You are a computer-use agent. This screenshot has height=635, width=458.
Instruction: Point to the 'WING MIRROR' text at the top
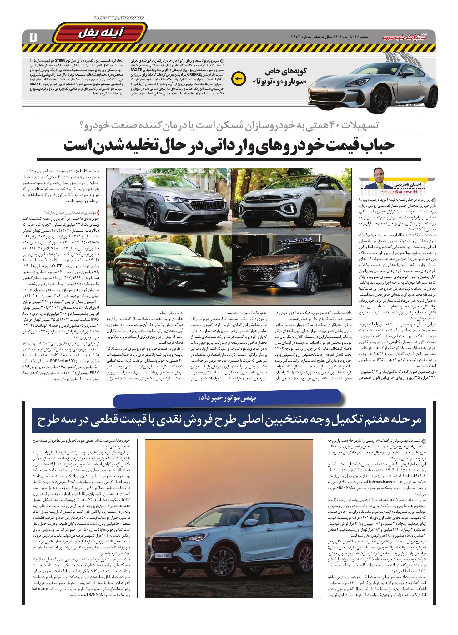pyautogui.click(x=119, y=19)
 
